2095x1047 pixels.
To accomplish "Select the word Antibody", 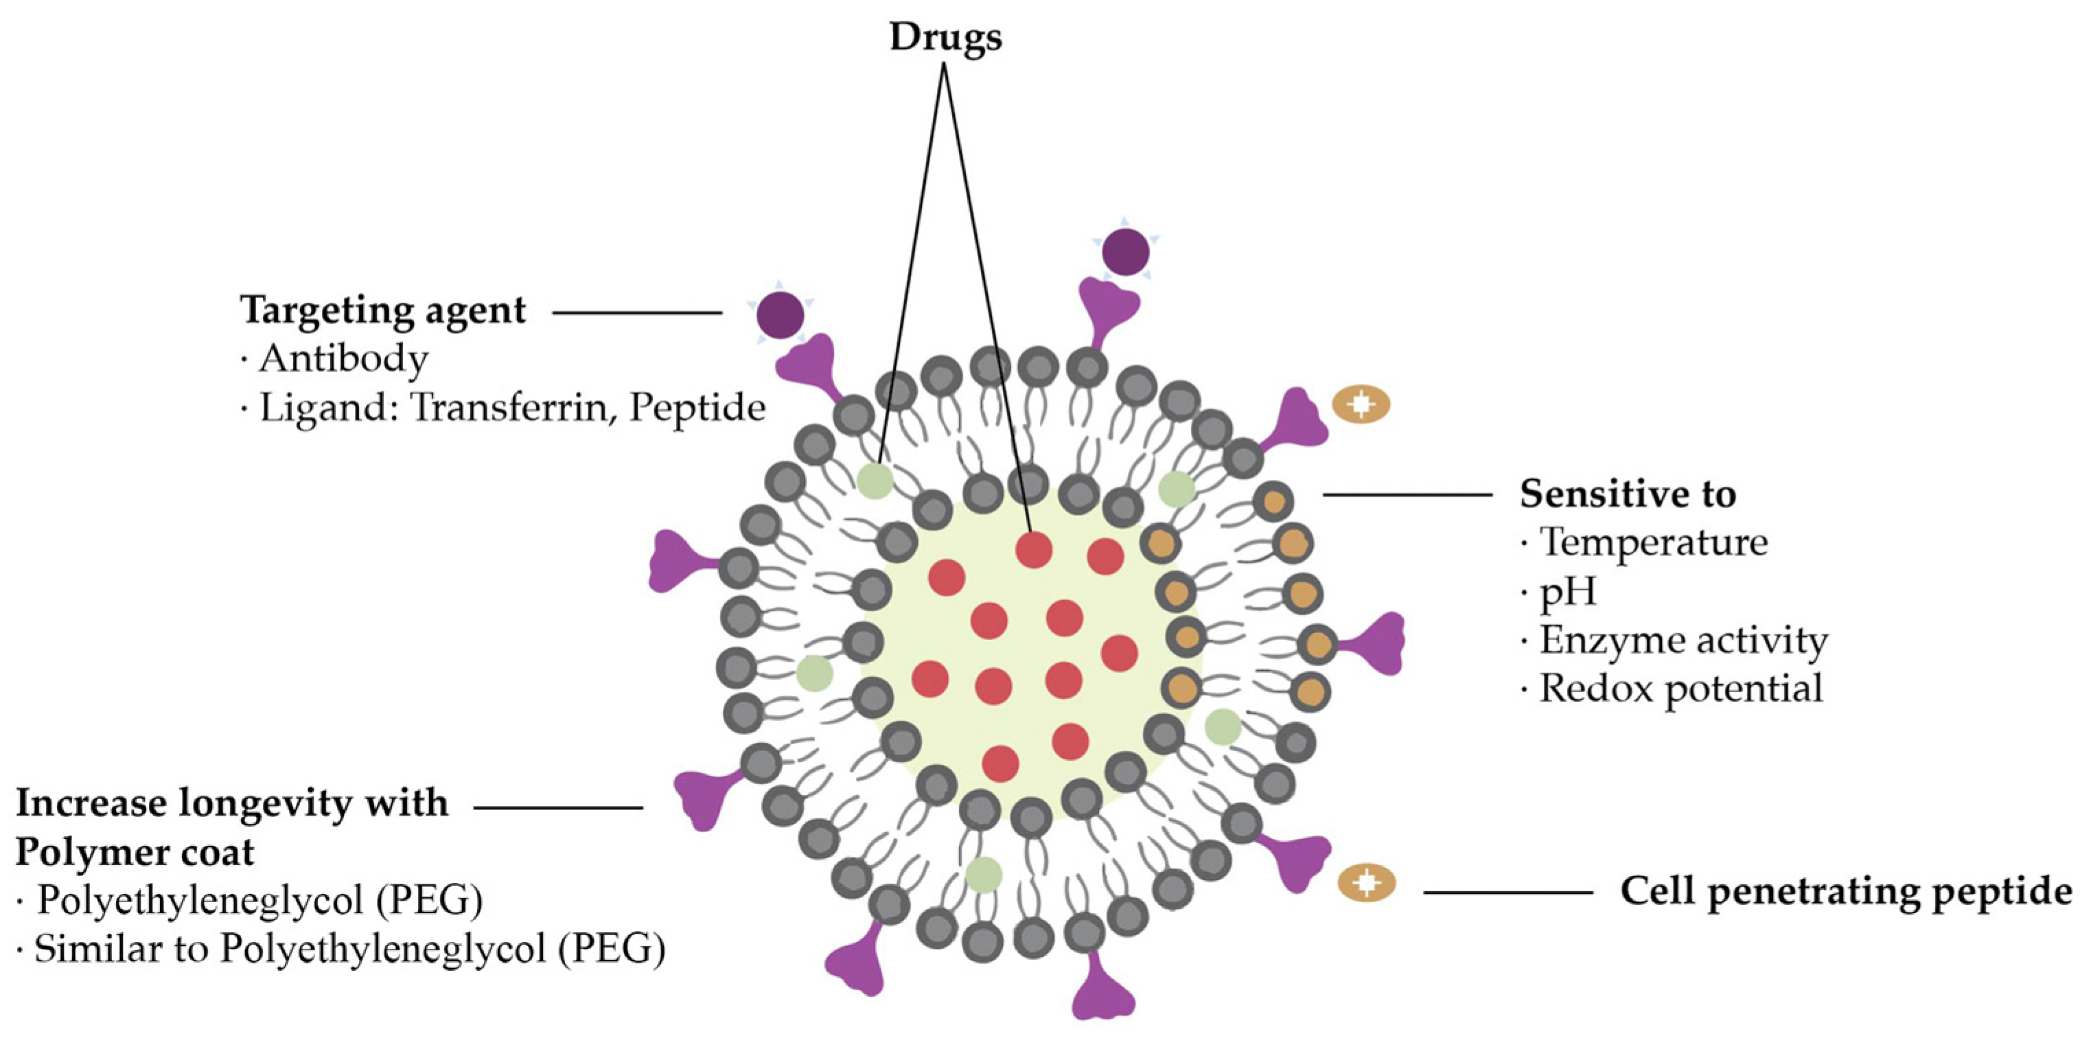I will (343, 359).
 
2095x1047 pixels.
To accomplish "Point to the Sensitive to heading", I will (1628, 494).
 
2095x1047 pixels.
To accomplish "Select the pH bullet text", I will (1567, 591).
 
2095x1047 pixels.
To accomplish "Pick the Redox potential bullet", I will (1680, 689).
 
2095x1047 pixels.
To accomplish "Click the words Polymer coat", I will (135, 852).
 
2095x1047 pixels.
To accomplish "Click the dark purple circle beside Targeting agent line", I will (780, 315).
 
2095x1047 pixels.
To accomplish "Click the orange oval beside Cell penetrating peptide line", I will (1366, 883).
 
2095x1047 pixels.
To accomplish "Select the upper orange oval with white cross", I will (1361, 404).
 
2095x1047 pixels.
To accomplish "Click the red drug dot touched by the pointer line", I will (1034, 550).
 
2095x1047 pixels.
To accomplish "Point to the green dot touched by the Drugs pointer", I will (875, 480).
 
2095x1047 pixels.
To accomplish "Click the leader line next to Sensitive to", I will (1407, 494).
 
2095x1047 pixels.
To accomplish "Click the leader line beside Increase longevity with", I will (558, 808).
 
